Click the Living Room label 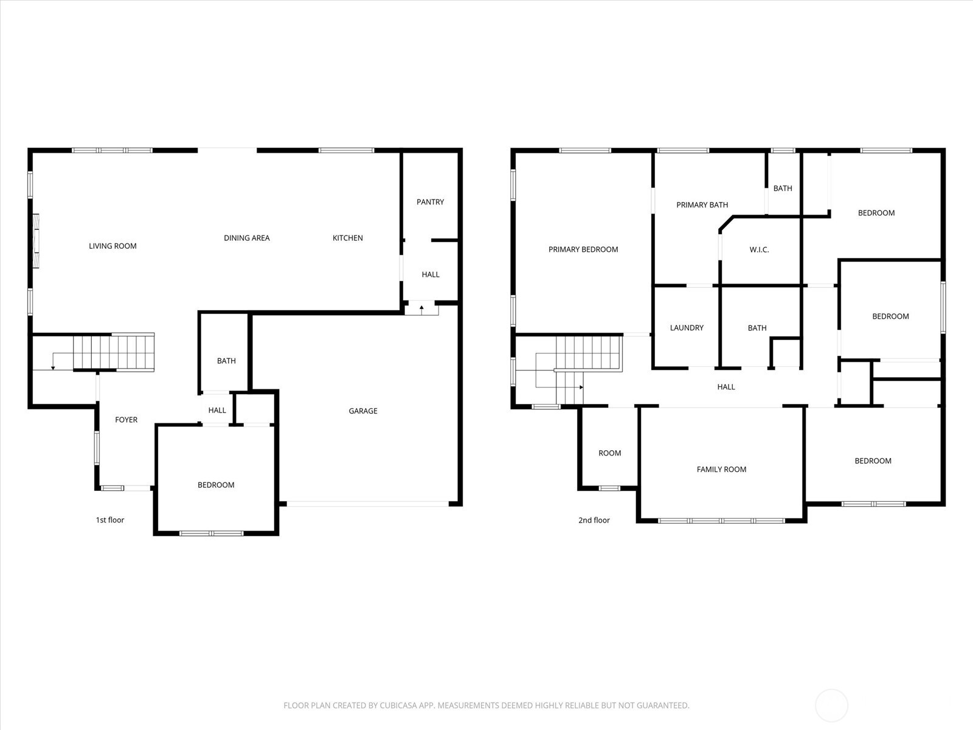pyautogui.click(x=113, y=246)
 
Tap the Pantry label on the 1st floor pyautogui.click(x=430, y=202)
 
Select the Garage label pyautogui.click(x=363, y=411)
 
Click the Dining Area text pyautogui.click(x=246, y=238)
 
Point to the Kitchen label pyautogui.click(x=347, y=238)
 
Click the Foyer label pyautogui.click(x=126, y=420)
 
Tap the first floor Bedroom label pyautogui.click(x=216, y=485)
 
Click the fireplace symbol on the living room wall pyautogui.click(x=36, y=241)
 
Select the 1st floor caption pyautogui.click(x=110, y=520)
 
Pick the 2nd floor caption pyautogui.click(x=594, y=520)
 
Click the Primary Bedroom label pyautogui.click(x=583, y=249)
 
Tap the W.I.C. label pyautogui.click(x=759, y=250)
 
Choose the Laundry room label pyautogui.click(x=687, y=328)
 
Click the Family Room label pyautogui.click(x=721, y=470)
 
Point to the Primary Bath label pyautogui.click(x=702, y=205)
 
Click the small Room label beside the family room pyautogui.click(x=609, y=453)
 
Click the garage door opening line pyautogui.click(x=367, y=504)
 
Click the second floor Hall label pyautogui.click(x=725, y=387)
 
